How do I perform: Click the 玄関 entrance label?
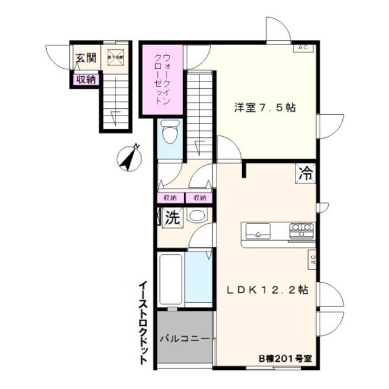click(86, 58)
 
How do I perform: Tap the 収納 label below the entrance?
click(86, 78)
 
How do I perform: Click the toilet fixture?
click(170, 133)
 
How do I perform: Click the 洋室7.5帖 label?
click(266, 108)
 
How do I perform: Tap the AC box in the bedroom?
click(303, 47)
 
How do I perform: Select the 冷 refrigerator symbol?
click(306, 173)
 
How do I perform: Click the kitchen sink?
click(258, 230)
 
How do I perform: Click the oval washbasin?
click(197, 216)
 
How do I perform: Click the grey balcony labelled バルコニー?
click(184, 338)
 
